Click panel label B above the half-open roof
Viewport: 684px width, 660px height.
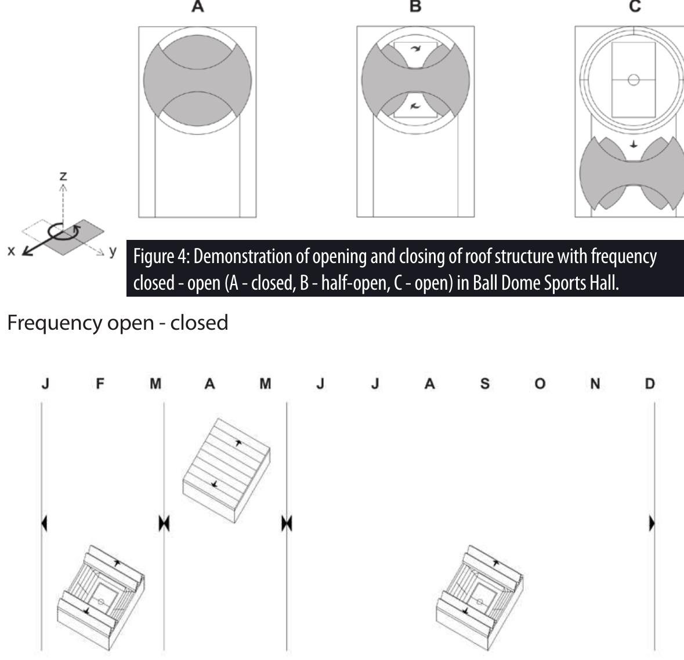tap(416, 6)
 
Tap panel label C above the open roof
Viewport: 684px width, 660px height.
tap(635, 6)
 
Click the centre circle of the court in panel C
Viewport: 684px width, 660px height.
tap(634, 80)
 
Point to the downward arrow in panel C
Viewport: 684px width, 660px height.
tap(634, 144)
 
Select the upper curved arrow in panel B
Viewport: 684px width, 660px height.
tap(416, 49)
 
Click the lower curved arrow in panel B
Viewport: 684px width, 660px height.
tap(415, 105)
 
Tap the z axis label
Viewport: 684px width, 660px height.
tap(63, 176)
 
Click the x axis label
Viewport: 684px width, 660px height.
tap(12, 250)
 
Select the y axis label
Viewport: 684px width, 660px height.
tap(113, 251)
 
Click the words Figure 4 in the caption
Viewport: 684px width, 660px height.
tap(161, 256)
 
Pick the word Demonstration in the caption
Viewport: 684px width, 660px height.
tap(243, 256)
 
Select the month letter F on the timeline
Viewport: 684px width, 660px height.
tap(100, 384)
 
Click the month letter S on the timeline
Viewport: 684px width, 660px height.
tap(484, 384)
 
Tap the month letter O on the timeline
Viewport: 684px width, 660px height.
tap(540, 384)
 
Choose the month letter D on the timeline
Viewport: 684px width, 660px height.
tap(650, 384)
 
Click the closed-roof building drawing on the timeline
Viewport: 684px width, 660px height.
tap(226, 471)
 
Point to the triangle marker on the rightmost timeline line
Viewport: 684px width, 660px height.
tap(652, 523)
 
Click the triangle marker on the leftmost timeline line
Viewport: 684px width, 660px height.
tap(44, 523)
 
